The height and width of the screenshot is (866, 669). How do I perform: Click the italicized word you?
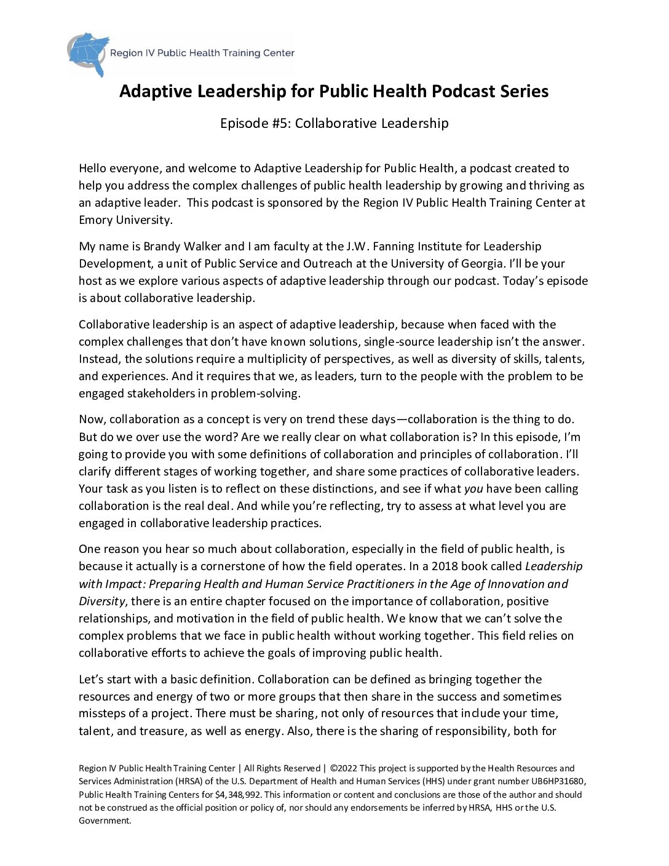click(x=473, y=489)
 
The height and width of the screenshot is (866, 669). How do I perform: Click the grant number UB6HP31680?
click(x=557, y=781)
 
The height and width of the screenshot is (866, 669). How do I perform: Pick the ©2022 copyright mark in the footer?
click(x=344, y=768)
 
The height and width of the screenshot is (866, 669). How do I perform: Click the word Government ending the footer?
click(x=105, y=820)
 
